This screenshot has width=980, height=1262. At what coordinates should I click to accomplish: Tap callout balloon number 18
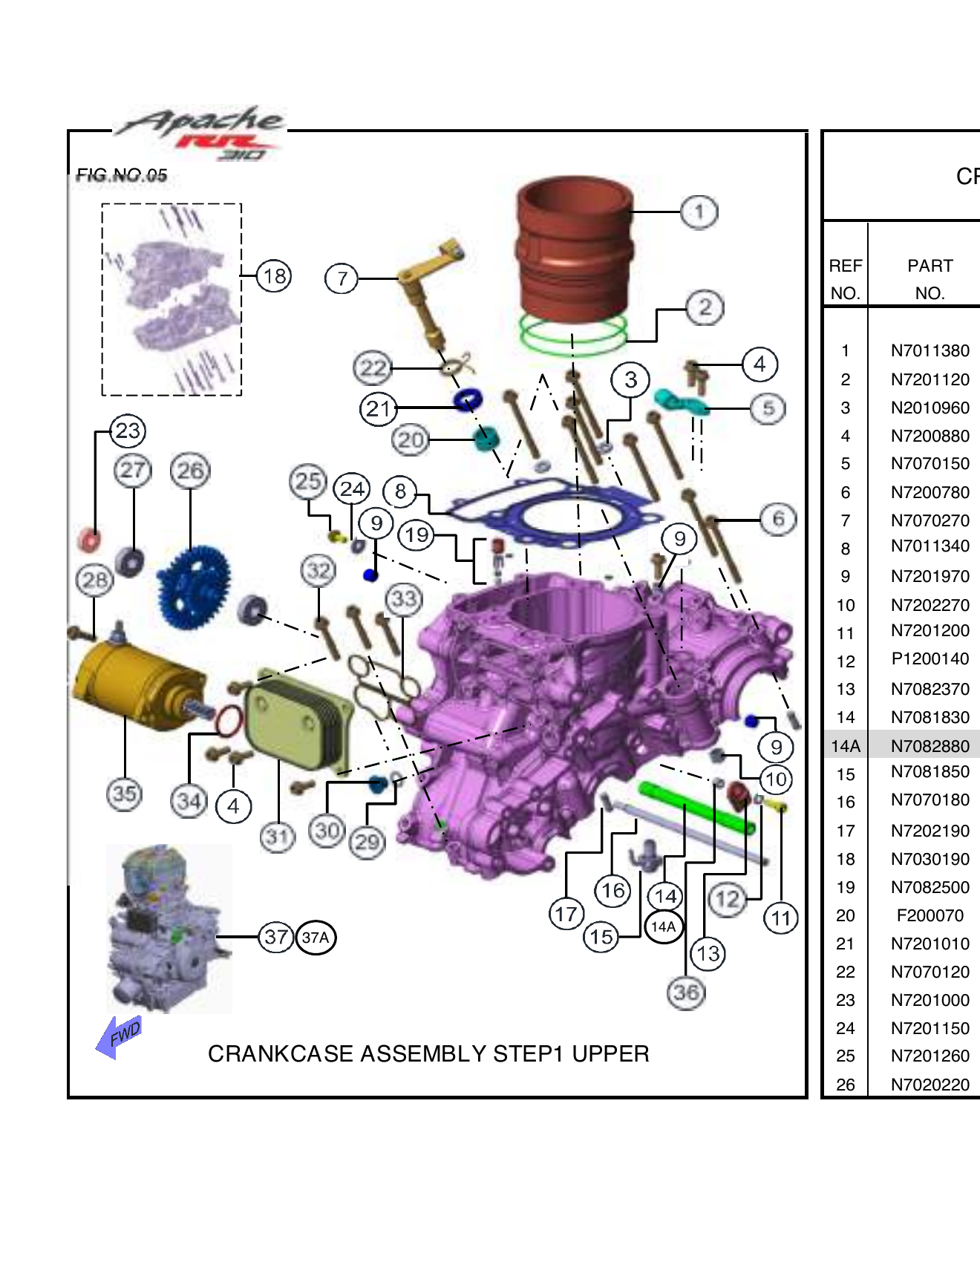tap(274, 276)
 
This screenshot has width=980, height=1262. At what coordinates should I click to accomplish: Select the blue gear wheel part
tap(194, 586)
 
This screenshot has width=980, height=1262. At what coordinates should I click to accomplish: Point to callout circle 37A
tap(316, 938)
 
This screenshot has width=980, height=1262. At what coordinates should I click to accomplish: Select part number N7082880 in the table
tap(930, 746)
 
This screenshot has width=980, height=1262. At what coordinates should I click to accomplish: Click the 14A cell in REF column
tap(845, 746)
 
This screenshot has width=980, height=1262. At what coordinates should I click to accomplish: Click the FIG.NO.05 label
tap(122, 176)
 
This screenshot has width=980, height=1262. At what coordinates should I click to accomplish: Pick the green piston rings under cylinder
tap(572, 335)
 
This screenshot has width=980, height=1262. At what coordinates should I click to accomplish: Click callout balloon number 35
tap(124, 794)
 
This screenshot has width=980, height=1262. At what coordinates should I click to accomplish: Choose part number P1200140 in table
tap(930, 659)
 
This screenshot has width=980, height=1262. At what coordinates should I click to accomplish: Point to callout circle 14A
tap(663, 926)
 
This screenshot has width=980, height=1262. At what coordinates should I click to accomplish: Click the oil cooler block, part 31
tap(297, 719)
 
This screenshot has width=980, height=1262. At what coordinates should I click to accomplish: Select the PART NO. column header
tap(930, 279)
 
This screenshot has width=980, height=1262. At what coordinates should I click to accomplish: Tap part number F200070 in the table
tap(930, 915)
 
